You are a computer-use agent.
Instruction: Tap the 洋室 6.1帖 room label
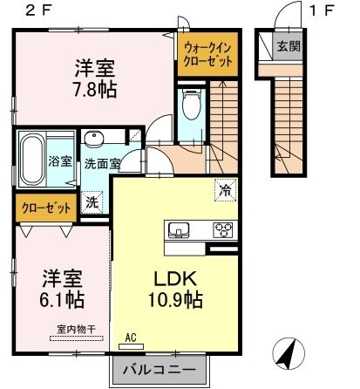[64, 290]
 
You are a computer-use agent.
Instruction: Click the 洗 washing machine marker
[92, 201]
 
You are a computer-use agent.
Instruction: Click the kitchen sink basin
[180, 230]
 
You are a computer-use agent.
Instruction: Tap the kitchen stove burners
[223, 230]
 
